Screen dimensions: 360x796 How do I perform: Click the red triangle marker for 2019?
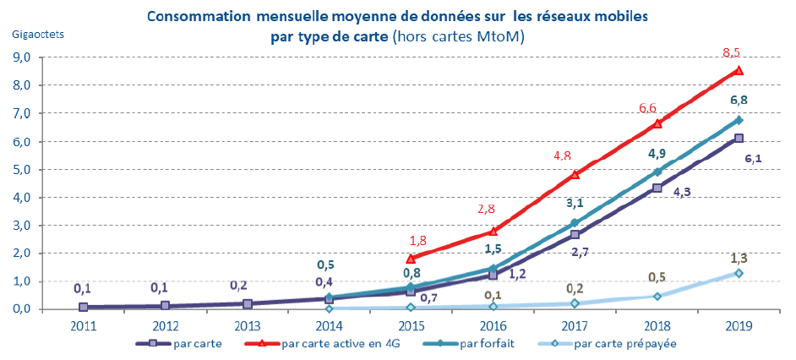click(739, 71)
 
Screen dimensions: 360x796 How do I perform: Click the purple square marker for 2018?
click(657, 188)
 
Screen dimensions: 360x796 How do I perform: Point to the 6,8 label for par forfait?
click(738, 100)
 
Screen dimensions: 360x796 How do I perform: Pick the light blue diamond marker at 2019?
click(739, 273)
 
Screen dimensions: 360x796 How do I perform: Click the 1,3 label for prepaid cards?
click(738, 256)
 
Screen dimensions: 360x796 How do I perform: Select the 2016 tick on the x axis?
click(493, 325)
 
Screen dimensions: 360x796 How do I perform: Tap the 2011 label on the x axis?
click(82, 325)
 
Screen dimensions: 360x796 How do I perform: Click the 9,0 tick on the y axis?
click(20, 57)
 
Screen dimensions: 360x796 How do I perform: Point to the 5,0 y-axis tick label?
click(20, 169)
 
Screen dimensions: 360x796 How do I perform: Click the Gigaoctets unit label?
click(36, 35)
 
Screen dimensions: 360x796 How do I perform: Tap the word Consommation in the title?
click(197, 16)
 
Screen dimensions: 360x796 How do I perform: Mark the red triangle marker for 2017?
click(575, 174)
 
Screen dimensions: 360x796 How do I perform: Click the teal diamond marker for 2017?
click(575, 223)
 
